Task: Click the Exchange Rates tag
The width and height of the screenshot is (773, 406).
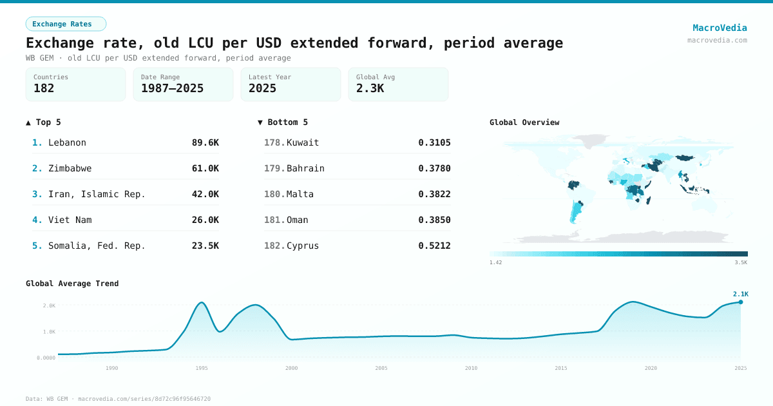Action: (x=66, y=24)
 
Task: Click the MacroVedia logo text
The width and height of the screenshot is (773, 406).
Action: (x=720, y=28)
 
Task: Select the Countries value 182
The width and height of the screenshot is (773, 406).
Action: (x=44, y=89)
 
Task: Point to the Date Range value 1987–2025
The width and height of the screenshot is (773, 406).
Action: (x=172, y=89)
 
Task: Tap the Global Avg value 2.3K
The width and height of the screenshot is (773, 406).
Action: (x=370, y=89)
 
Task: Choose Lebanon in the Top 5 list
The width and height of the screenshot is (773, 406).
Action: (x=67, y=142)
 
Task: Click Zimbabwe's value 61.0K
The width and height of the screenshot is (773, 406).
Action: (x=205, y=168)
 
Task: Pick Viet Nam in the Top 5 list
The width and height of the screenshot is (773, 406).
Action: (x=70, y=220)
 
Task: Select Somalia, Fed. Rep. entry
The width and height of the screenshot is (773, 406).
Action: (x=97, y=246)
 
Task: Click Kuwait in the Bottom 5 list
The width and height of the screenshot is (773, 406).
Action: (x=303, y=142)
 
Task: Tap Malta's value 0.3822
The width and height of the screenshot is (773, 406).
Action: (x=434, y=194)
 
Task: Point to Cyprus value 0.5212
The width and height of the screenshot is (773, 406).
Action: (x=434, y=246)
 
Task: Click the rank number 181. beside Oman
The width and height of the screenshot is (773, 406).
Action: (x=274, y=220)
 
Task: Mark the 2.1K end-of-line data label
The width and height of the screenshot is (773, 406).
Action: (x=740, y=294)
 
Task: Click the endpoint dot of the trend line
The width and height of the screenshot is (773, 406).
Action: (x=741, y=302)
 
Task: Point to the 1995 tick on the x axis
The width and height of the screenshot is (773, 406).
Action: (x=202, y=368)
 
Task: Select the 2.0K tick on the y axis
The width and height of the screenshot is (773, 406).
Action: (x=49, y=305)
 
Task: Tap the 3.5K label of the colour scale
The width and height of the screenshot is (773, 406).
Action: (x=741, y=262)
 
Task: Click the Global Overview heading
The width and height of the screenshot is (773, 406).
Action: (x=524, y=122)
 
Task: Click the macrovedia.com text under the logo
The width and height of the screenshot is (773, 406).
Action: (x=717, y=40)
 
